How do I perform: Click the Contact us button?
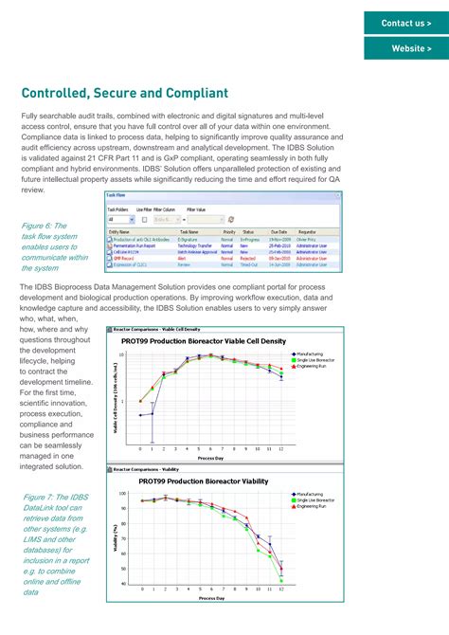405,23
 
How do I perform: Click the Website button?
405,47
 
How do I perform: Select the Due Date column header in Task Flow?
278,231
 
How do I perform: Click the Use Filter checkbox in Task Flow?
145,219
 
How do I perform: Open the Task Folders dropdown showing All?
120,219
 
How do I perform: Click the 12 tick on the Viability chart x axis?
280,590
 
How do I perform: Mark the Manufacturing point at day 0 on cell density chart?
140,414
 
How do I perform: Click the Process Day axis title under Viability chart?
210,599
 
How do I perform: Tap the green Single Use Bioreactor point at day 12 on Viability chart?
280,579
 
